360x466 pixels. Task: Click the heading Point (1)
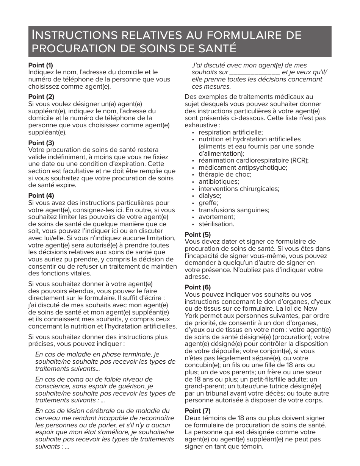point(41,65)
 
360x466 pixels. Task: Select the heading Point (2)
point(41,97)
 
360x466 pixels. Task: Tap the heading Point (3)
point(41,143)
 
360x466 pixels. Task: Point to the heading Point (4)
point(41,195)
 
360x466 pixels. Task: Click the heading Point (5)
point(197,235)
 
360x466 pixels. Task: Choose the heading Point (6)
point(197,287)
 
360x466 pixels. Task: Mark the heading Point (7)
point(197,411)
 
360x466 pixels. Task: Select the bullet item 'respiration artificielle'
point(230,132)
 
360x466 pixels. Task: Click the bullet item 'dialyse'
point(210,195)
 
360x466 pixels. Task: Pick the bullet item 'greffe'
point(208,203)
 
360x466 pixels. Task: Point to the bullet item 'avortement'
point(217,217)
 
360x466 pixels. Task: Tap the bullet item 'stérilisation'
point(216,224)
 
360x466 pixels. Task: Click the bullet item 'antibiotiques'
point(219,181)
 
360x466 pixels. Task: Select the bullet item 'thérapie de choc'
point(225,174)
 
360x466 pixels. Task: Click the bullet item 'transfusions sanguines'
point(234,210)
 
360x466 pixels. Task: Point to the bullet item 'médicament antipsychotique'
point(243,167)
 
